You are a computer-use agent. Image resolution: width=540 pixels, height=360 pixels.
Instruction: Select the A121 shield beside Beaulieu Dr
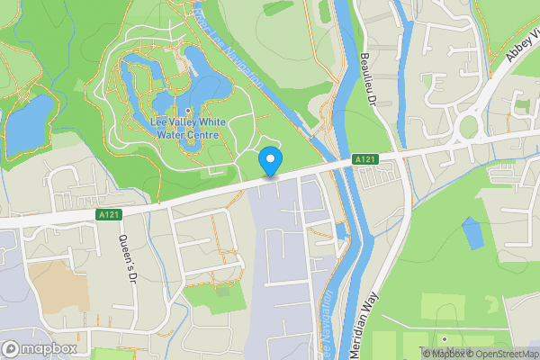(364, 159)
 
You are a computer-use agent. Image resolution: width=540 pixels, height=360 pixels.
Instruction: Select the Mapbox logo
(40, 348)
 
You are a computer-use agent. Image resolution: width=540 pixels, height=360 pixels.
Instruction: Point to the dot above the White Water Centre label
(187, 112)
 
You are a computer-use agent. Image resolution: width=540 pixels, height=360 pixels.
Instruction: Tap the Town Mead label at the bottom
(441, 351)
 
